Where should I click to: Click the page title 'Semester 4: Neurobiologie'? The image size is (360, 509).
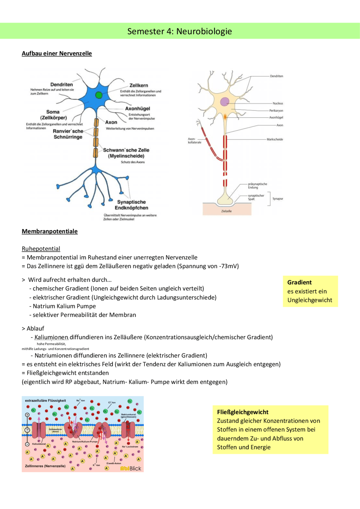(x=179, y=31)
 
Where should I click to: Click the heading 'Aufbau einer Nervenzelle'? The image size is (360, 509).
(x=57, y=53)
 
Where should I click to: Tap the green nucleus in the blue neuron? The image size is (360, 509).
(x=99, y=95)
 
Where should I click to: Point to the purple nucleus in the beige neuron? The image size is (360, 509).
(x=224, y=102)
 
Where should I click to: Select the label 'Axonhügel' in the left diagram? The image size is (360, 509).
(x=138, y=108)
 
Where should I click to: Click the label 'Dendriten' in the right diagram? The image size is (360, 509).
(x=276, y=76)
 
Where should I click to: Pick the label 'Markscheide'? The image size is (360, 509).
(x=275, y=139)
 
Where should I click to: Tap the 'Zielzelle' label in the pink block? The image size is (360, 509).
(x=226, y=211)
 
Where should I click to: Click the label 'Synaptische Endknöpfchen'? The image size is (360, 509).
(x=131, y=205)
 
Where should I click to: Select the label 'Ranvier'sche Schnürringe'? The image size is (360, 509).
(x=68, y=134)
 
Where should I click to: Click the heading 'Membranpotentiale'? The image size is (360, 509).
(x=50, y=231)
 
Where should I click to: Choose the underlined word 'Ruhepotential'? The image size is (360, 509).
(x=41, y=249)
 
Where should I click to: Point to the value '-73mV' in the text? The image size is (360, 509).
(x=228, y=266)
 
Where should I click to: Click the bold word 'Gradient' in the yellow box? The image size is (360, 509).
(x=300, y=282)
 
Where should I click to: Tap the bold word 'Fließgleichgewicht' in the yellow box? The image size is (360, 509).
(x=243, y=412)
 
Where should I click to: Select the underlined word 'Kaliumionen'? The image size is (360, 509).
(x=51, y=337)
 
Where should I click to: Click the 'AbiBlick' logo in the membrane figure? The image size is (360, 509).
(x=131, y=468)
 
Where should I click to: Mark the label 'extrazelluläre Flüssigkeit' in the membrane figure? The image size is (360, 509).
(x=46, y=401)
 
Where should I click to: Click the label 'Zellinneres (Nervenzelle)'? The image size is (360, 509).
(x=45, y=466)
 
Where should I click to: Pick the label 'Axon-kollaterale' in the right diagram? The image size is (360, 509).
(x=194, y=141)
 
